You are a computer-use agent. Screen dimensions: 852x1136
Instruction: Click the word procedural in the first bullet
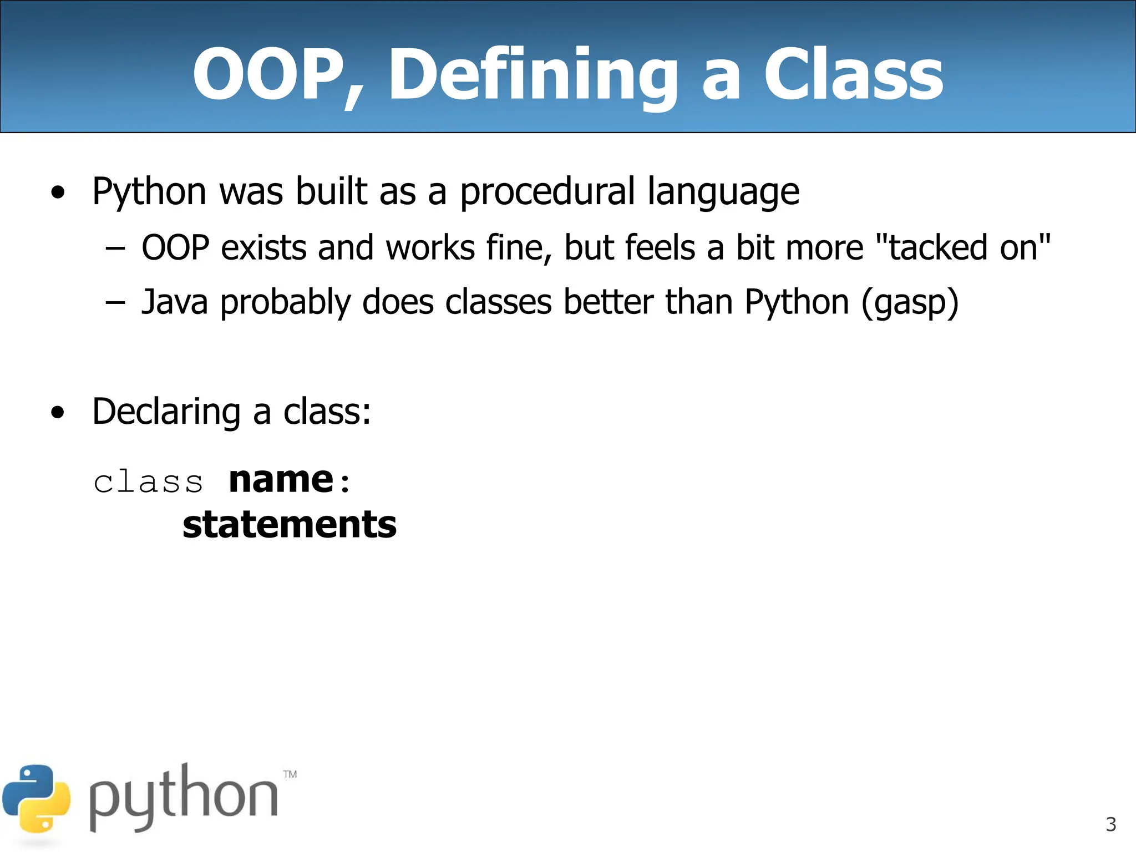(547, 192)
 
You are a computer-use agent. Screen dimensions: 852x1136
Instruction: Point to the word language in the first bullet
(723, 192)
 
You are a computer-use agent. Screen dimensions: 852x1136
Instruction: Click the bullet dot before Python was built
(58, 193)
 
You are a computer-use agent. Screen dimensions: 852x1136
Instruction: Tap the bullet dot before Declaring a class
(58, 413)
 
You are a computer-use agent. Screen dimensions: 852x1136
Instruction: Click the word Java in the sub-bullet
(175, 302)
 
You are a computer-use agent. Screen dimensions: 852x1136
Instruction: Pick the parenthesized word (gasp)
(910, 302)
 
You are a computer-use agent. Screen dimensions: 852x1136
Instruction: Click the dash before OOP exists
(115, 248)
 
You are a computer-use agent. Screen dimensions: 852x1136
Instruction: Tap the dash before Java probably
(115, 303)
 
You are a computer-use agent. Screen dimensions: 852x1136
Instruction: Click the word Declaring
(166, 412)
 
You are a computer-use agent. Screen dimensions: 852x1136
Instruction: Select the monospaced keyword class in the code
(148, 481)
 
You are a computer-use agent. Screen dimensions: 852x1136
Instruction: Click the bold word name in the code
(281, 480)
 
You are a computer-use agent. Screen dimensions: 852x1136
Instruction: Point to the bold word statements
(290, 525)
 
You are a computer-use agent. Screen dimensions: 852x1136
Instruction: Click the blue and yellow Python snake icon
(37, 799)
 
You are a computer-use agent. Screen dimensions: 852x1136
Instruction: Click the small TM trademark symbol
(290, 774)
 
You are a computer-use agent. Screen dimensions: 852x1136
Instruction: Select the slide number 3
(1110, 824)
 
